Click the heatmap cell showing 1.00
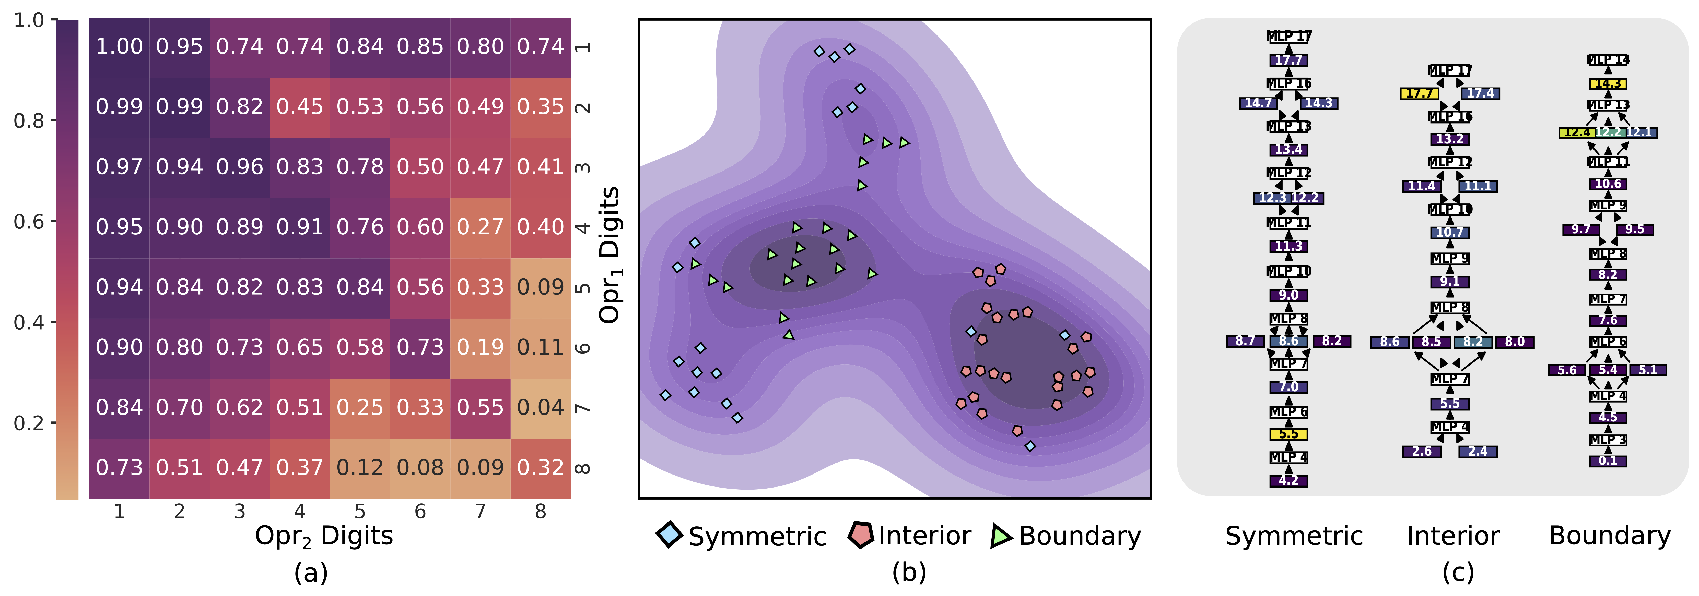pos(119,47)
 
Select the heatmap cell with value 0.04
pos(540,407)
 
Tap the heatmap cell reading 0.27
pos(480,227)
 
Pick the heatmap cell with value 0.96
pos(239,167)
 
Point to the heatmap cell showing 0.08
pos(420,467)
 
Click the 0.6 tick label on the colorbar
pos(29,222)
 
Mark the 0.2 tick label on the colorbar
pos(29,423)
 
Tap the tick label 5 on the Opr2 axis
pos(360,512)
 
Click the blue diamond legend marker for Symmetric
pos(670,535)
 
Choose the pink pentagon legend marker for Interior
pos(861,535)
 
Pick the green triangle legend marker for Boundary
pos(1001,536)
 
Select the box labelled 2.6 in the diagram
pos(1421,452)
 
